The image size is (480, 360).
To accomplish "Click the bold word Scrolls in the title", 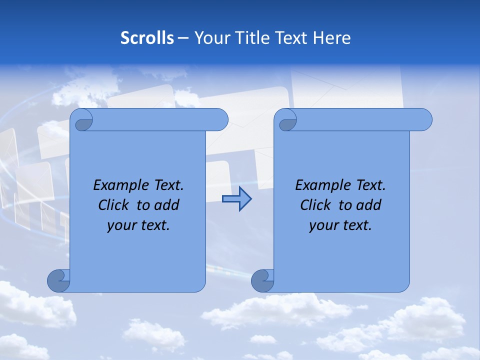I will tap(147, 38).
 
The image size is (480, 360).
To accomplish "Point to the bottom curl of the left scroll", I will tap(59, 280).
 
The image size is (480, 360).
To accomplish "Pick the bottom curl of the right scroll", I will tap(263, 280).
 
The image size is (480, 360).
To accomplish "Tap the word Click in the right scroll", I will tap(315, 205).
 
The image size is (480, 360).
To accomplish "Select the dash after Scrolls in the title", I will tap(183, 38).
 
